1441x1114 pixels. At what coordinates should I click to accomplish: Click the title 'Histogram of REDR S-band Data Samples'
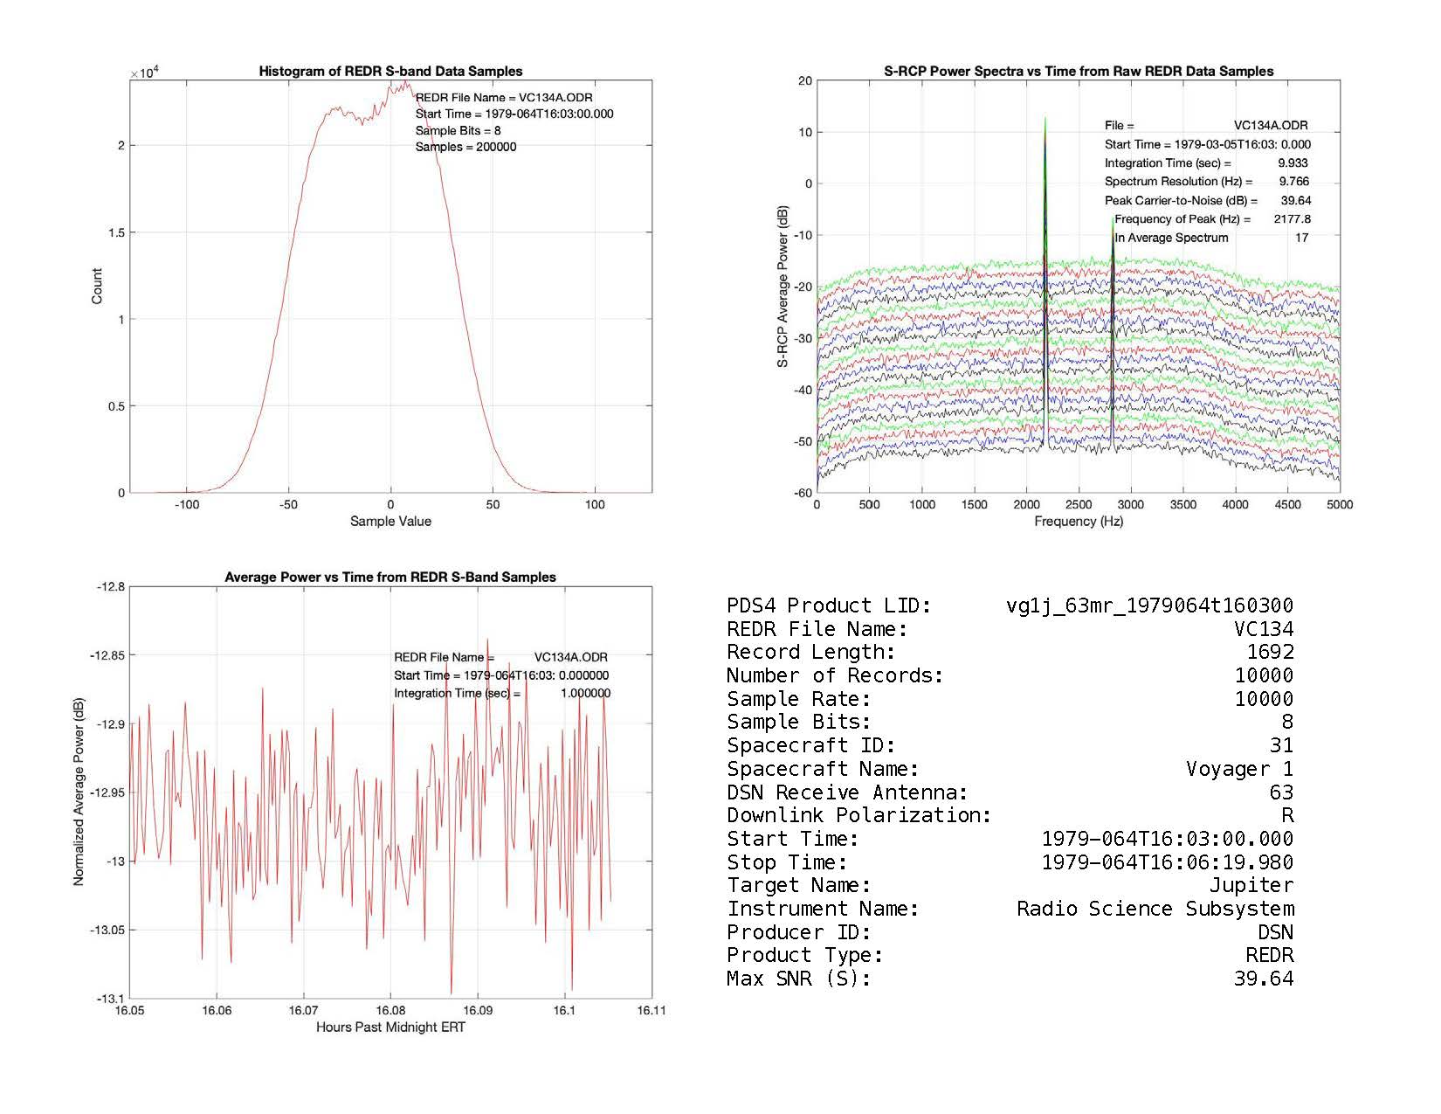pyautogui.click(x=390, y=72)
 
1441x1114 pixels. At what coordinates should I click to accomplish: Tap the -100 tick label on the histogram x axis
pyautogui.click(x=187, y=505)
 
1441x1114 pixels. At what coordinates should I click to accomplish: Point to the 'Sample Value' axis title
pyautogui.click(x=390, y=522)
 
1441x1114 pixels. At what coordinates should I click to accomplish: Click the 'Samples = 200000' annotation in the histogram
pyautogui.click(x=465, y=147)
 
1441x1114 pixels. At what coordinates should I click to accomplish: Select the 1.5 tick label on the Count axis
pyautogui.click(x=117, y=232)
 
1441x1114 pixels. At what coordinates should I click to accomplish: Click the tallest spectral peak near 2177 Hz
pyautogui.click(x=1045, y=122)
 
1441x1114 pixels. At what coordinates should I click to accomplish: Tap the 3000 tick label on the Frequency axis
pyautogui.click(x=1130, y=504)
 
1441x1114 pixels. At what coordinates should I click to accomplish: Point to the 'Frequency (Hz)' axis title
pyautogui.click(x=1079, y=522)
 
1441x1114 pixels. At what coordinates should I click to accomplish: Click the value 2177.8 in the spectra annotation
pyautogui.click(x=1292, y=219)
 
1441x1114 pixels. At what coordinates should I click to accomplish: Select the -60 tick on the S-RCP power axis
pyautogui.click(x=802, y=493)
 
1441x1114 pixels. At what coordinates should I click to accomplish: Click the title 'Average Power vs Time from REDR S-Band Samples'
pyautogui.click(x=390, y=578)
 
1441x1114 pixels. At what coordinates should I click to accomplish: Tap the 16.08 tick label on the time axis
pyautogui.click(x=390, y=1011)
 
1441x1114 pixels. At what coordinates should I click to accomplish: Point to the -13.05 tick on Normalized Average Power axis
pyautogui.click(x=108, y=931)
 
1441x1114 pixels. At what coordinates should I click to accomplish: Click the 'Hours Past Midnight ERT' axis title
pyautogui.click(x=390, y=1028)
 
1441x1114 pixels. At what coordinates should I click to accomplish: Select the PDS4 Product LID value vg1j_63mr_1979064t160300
pyautogui.click(x=1149, y=605)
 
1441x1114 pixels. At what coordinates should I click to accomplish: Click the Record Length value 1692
pyautogui.click(x=1270, y=653)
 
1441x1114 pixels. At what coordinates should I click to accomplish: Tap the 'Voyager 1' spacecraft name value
pyautogui.click(x=1239, y=769)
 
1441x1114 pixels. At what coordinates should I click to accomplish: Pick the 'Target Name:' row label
pyautogui.click(x=799, y=886)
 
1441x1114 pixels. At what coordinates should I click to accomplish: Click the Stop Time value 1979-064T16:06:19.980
pyautogui.click(x=1167, y=862)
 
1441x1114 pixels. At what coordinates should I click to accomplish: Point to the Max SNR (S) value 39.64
pyautogui.click(x=1263, y=979)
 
